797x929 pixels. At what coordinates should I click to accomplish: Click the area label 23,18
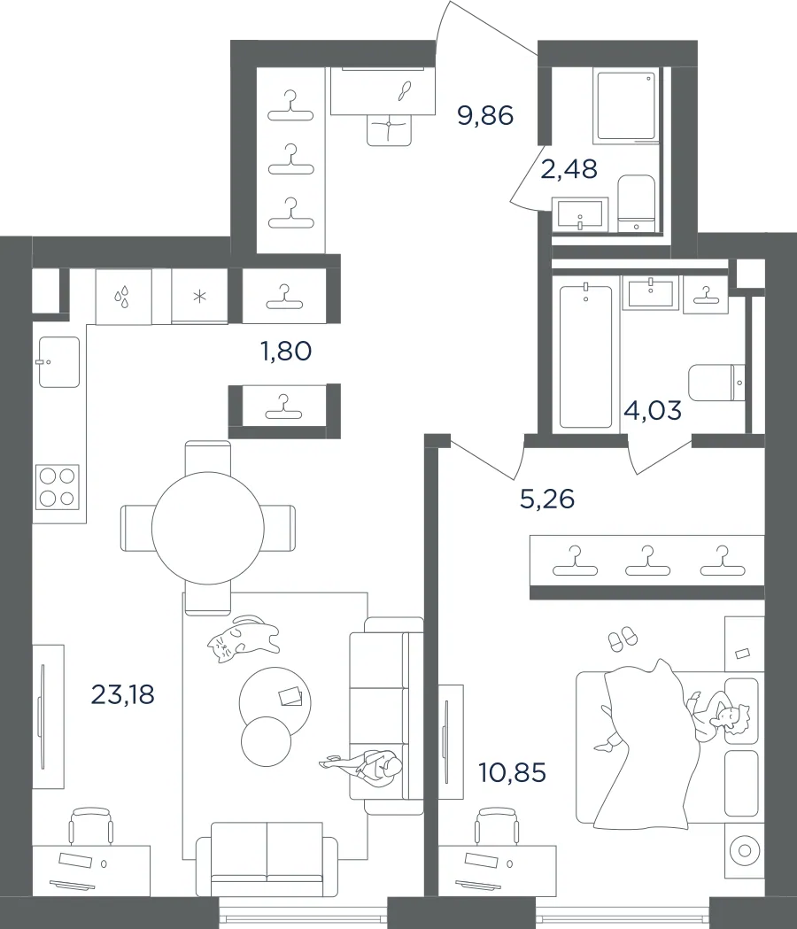pos(123,693)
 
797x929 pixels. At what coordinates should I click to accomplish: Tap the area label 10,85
pos(512,772)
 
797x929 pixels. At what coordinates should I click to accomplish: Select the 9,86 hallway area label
pos(485,115)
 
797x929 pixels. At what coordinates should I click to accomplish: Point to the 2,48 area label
pos(569,169)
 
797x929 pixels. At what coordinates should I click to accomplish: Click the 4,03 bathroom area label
pos(653,410)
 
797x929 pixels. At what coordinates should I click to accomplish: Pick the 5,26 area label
pos(547,499)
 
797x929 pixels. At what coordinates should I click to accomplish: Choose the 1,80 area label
pos(286,351)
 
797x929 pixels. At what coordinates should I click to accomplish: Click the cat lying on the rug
pos(243,639)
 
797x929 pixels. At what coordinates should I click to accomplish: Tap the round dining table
pos(208,527)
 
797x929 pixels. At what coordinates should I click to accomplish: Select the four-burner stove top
pos(58,487)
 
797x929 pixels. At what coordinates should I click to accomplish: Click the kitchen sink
pos(59,362)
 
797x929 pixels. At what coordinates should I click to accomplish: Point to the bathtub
pos(585,356)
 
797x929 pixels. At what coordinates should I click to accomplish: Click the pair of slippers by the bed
pos(623,639)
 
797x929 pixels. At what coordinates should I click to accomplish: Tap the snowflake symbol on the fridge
pos(200,296)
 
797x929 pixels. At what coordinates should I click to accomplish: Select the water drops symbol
pos(122,297)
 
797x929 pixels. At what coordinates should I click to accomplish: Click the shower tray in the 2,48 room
pos(627,105)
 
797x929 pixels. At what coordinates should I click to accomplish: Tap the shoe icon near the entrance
pos(406,90)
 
